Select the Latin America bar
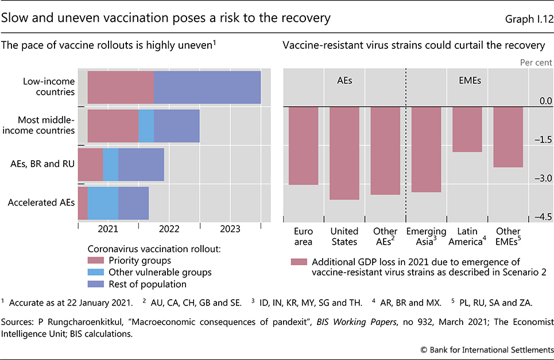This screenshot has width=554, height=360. coord(467,129)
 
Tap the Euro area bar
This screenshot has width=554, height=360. coord(303,146)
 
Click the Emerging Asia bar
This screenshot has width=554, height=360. coord(426,149)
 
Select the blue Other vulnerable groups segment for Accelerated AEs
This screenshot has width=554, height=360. coord(103,203)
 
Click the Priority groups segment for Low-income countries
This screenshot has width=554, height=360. coord(121,87)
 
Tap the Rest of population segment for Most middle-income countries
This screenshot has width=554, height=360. coord(177,126)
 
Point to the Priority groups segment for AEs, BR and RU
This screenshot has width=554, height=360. coord(90,164)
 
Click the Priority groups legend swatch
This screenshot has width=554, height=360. coord(96,261)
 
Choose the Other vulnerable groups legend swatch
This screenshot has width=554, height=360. coord(96,272)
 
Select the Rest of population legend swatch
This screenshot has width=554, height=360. coord(96,284)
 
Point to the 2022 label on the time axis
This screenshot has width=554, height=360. coord(169,229)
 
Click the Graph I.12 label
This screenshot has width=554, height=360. coord(528,18)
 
